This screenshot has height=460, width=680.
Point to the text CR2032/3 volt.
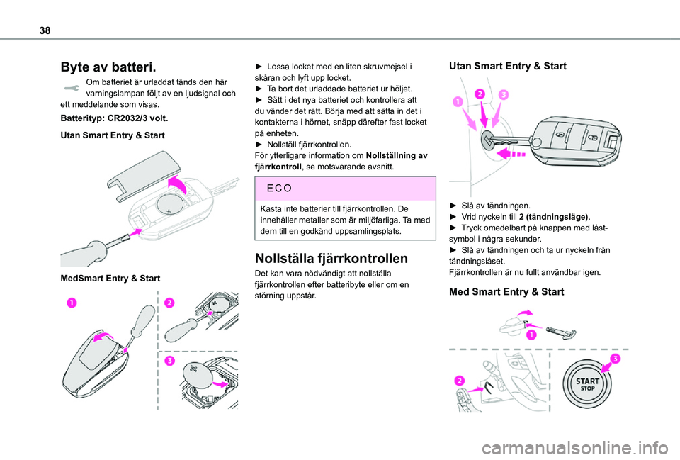click(137, 117)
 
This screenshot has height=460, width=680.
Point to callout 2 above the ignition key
click(481, 94)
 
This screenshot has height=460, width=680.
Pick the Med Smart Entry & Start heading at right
click(507, 291)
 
